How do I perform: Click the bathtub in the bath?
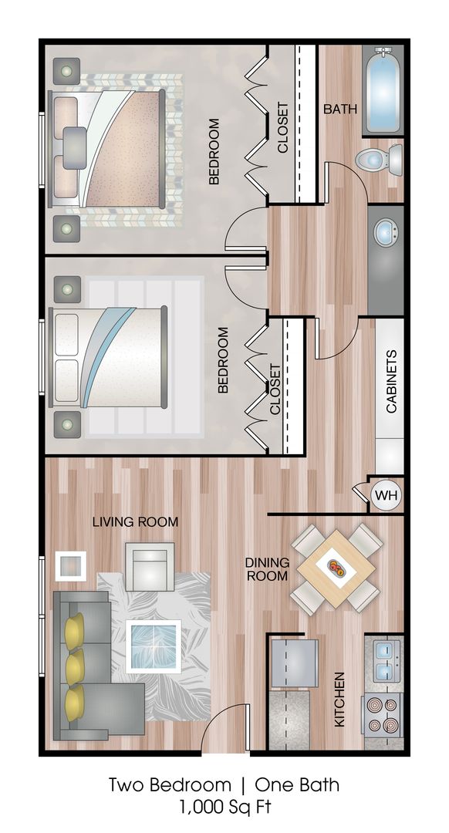383,90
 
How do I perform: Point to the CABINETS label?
390,381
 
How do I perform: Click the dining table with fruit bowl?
336,568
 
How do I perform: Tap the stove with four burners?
383,714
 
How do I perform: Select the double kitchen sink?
387,661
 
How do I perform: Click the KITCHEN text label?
339,700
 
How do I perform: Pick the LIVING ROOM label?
136,521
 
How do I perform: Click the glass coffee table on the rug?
154,646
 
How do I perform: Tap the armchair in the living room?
150,566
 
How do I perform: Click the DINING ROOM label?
267,569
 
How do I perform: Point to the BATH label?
340,110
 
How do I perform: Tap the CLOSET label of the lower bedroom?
275,389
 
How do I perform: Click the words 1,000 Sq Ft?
224,808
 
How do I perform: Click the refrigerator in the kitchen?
295,663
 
